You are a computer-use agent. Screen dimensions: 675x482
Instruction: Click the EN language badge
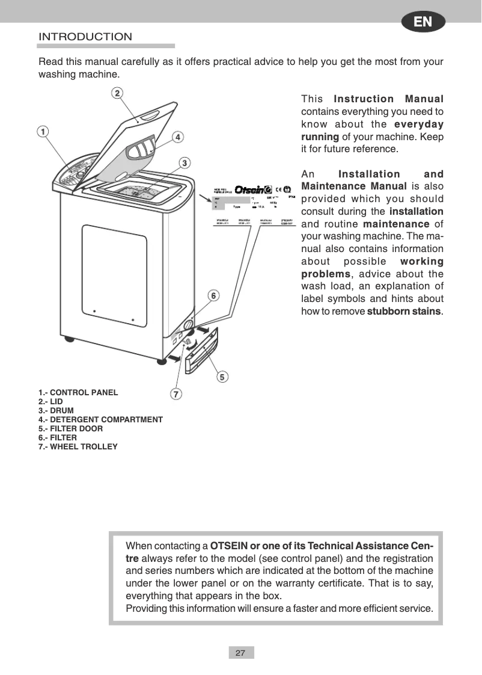coord(424,22)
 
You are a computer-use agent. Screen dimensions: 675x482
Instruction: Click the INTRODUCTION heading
coord(85,37)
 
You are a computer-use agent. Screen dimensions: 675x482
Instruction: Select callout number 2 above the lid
coord(117,93)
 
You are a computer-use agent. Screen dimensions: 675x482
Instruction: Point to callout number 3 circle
coord(186,162)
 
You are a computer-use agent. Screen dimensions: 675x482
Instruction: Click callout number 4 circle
coord(178,137)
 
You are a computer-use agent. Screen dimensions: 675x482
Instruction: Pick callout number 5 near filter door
coord(222,377)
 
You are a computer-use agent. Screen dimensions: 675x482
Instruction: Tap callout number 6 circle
coord(213,295)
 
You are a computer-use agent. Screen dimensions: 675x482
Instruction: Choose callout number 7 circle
coord(176,395)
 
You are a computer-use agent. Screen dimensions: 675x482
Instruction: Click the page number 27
coord(240,653)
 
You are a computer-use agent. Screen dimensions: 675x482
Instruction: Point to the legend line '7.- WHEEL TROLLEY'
coord(78,446)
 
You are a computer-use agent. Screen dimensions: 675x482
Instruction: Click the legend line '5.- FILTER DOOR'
coord(70,428)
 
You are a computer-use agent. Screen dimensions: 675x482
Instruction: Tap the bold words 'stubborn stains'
coord(403,311)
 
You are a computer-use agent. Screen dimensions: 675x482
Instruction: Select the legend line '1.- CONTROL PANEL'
coord(78,392)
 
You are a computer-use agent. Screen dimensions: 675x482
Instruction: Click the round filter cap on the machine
coord(188,326)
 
